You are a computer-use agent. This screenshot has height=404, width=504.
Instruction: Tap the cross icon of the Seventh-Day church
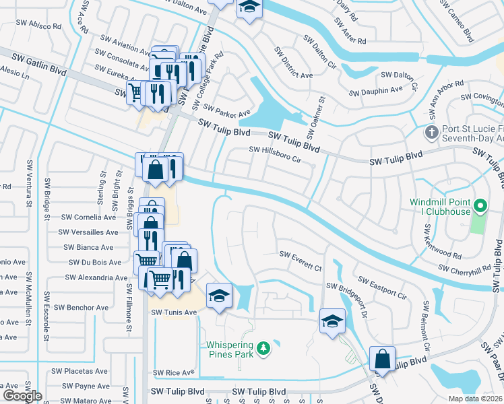tap(431, 131)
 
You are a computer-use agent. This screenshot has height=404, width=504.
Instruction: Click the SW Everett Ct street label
tap(301, 259)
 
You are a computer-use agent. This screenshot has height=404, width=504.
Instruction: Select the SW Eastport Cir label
tap(381, 288)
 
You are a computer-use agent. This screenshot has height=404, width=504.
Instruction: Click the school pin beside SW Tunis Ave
tap(219, 296)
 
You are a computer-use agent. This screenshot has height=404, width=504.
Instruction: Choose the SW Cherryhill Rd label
tap(464, 268)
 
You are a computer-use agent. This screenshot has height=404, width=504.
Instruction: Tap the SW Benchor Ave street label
tap(81, 308)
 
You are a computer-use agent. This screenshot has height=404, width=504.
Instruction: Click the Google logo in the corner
tap(22, 396)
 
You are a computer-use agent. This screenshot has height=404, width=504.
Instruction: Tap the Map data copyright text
tap(476, 399)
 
